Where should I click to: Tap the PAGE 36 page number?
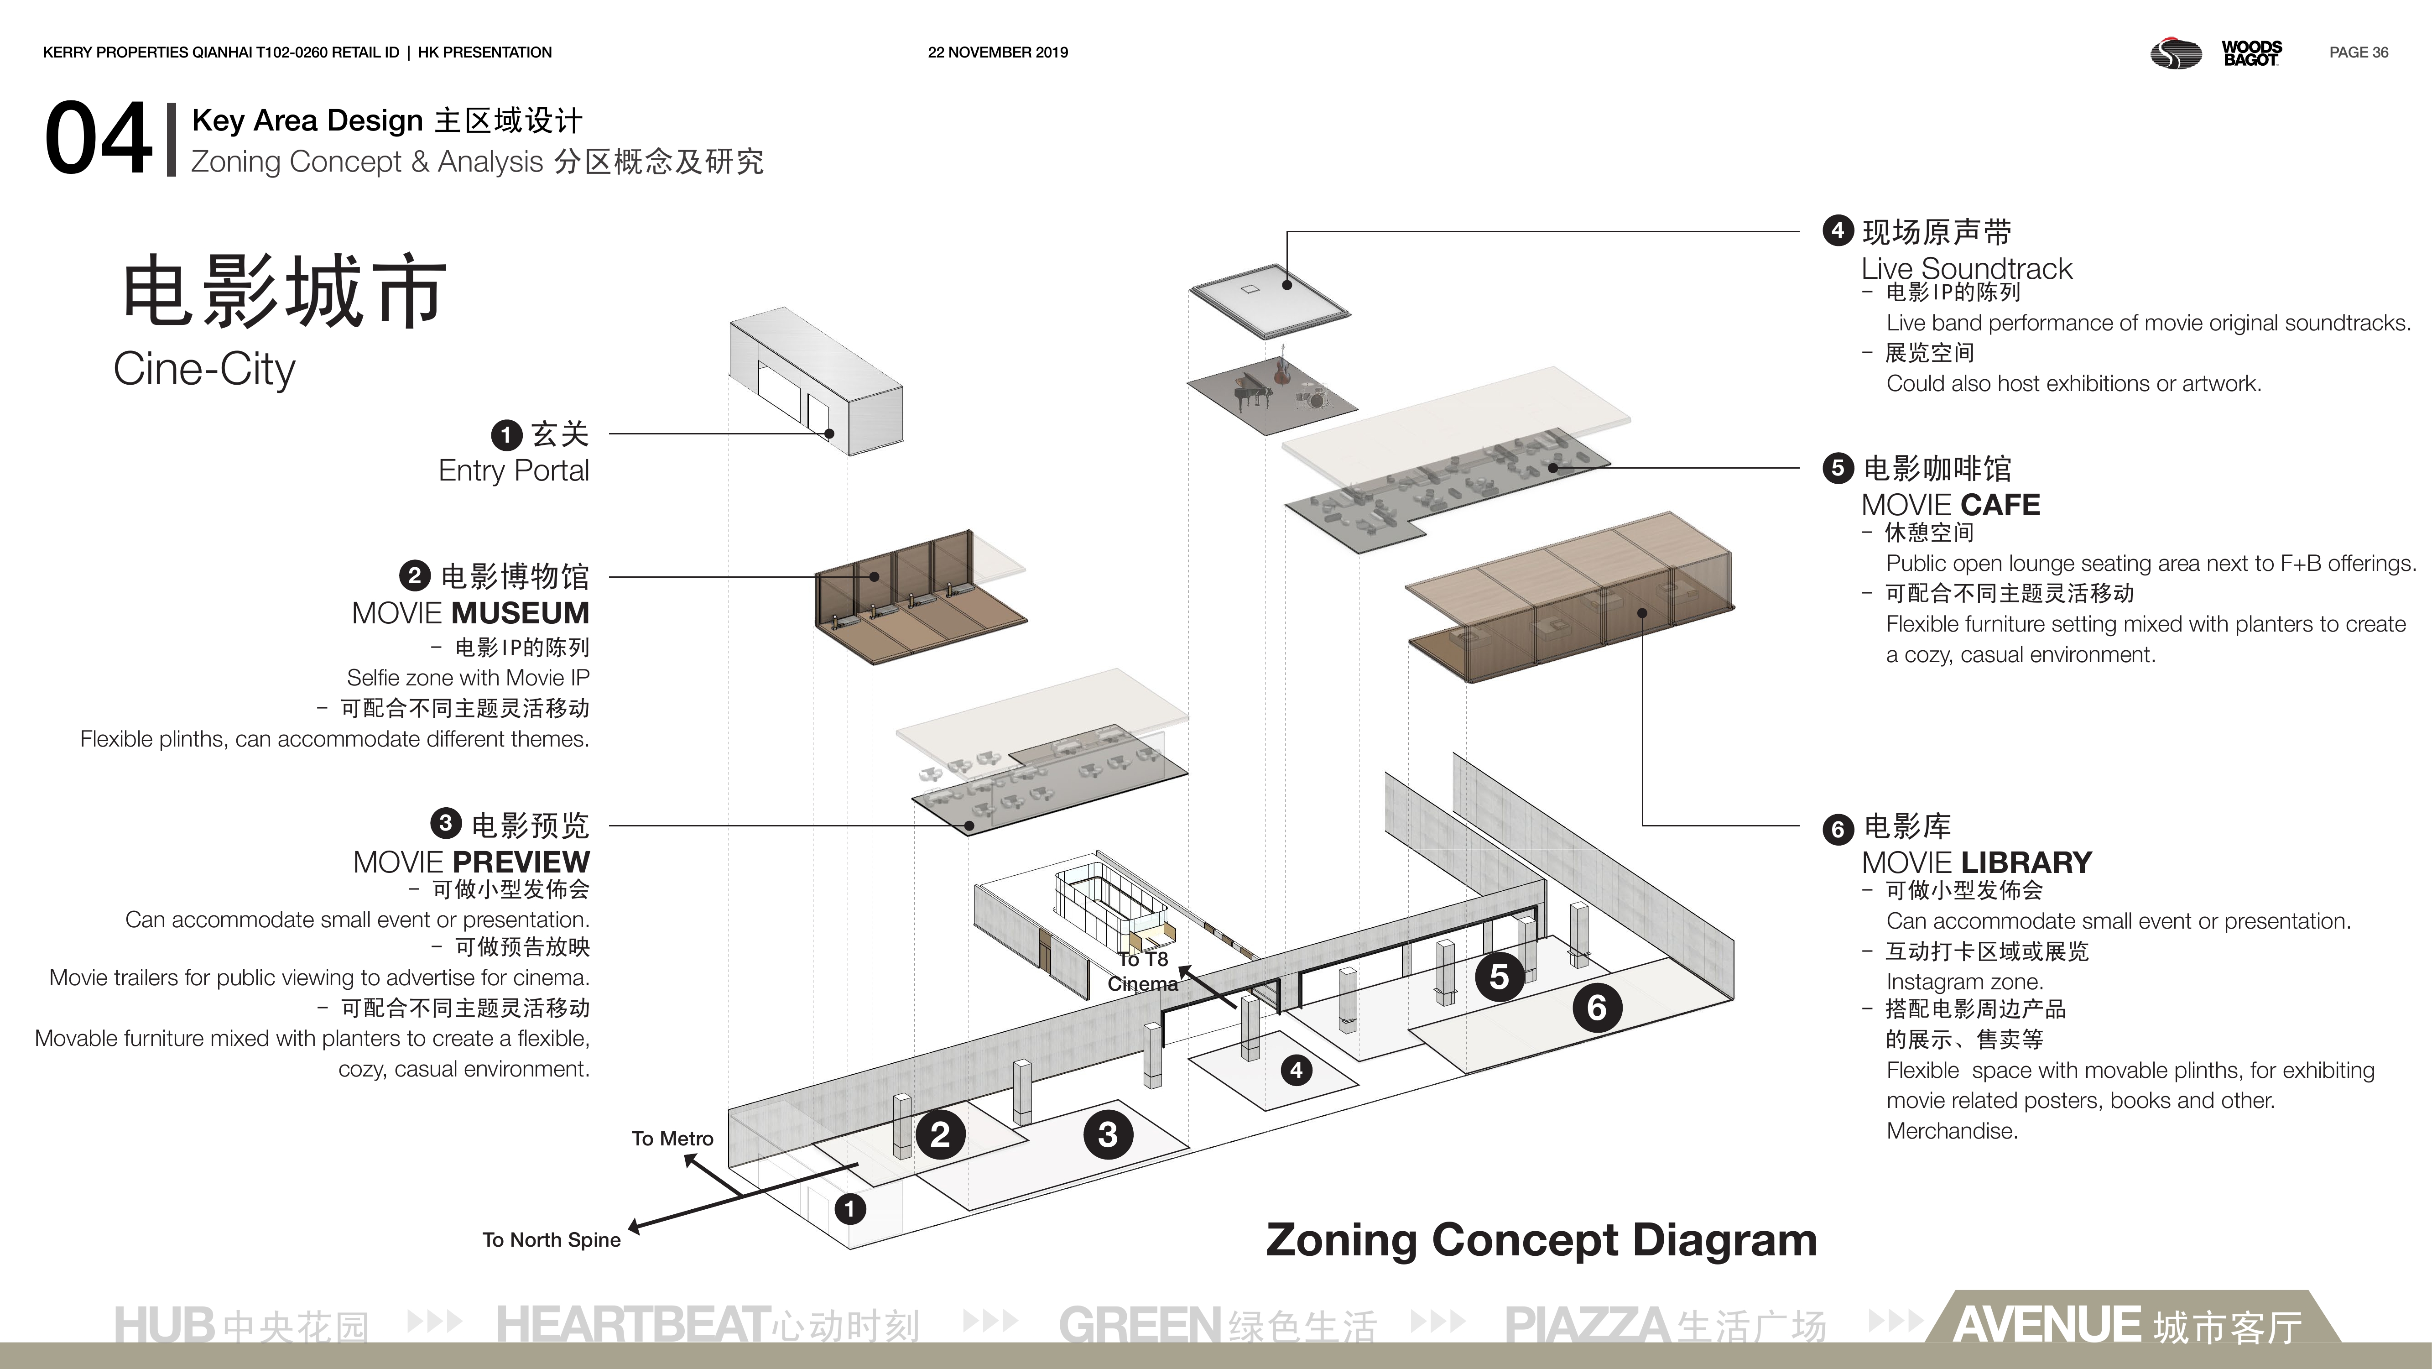click(x=2359, y=53)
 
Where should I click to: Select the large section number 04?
click(x=98, y=140)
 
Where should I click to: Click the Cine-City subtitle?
click(x=204, y=369)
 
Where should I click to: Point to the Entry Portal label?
click(x=514, y=470)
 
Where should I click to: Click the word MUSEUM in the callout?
click(x=520, y=614)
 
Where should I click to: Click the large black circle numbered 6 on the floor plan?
click(x=1597, y=1008)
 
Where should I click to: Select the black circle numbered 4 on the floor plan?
click(x=1296, y=1070)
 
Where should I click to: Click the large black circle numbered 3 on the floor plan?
click(x=1108, y=1134)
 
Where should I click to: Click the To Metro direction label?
click(x=672, y=1139)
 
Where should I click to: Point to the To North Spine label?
click(x=552, y=1240)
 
